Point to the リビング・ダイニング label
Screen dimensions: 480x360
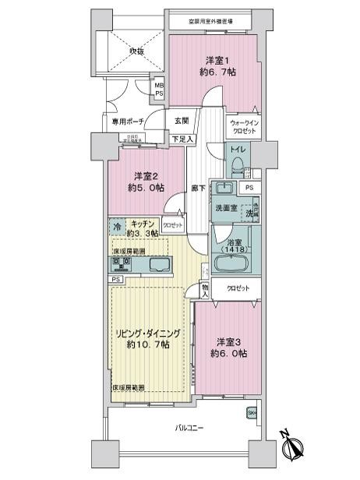tap(149, 338)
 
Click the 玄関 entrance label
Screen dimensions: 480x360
tap(181, 120)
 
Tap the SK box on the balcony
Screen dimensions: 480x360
tap(252, 413)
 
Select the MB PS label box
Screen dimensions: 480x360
tap(159, 89)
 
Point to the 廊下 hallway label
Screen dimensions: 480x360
tap(198, 188)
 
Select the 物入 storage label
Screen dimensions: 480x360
tap(204, 290)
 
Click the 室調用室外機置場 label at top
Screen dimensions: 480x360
tap(214, 21)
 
